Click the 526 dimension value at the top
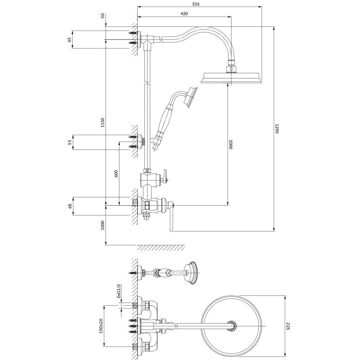196,4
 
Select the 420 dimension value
184,13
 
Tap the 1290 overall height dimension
277,129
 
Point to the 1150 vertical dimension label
102,123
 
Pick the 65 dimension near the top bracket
69,40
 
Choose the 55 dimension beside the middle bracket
69,142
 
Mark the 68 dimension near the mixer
70,206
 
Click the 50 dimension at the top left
102,15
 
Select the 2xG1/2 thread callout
119,291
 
